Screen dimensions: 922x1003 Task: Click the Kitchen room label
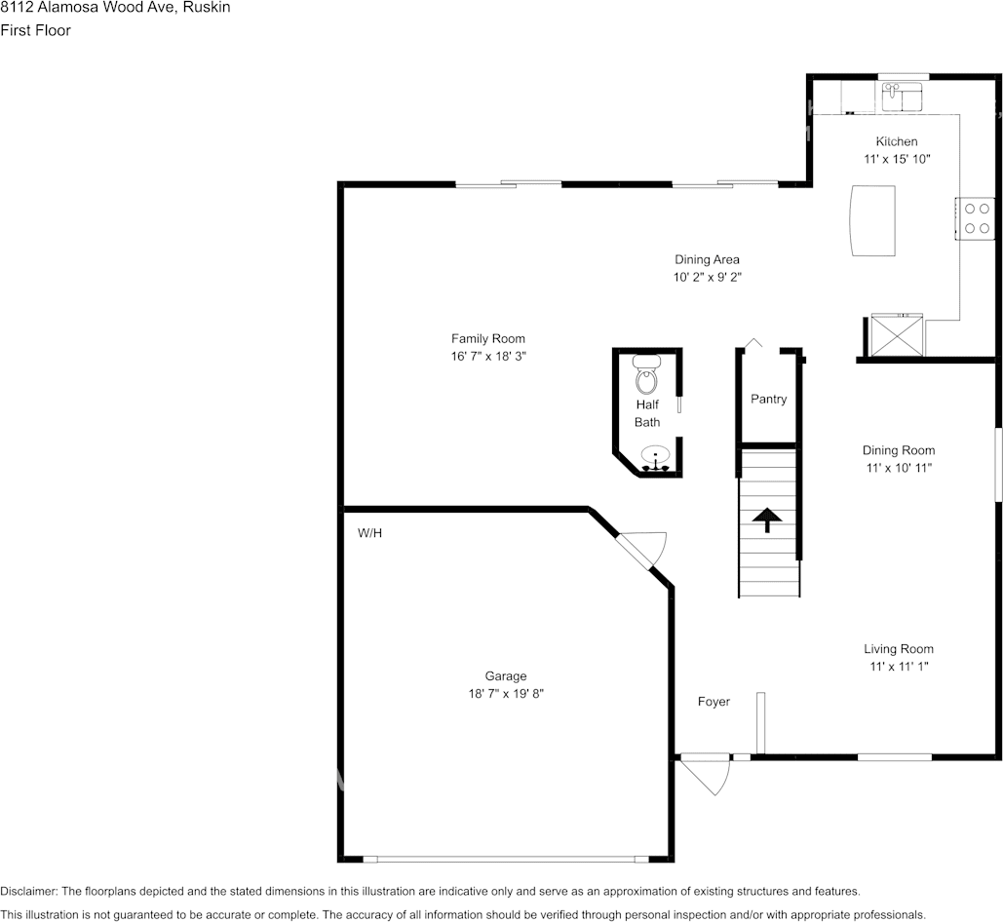[x=896, y=142]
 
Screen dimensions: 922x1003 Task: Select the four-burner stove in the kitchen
[x=977, y=218]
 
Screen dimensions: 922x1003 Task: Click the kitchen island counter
[x=872, y=220]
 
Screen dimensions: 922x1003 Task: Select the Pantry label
[x=768, y=400]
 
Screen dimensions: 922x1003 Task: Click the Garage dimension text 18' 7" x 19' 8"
[x=506, y=694]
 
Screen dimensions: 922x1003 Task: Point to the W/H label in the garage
[x=369, y=533]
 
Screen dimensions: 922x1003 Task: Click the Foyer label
[x=714, y=702]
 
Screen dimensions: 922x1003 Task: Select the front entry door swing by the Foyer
[x=706, y=775]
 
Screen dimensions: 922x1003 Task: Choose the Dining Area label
[x=707, y=260]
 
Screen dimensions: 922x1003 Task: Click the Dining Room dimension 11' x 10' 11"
[x=898, y=468]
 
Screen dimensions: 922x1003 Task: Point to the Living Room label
[x=898, y=649]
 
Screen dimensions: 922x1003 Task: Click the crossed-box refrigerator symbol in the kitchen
[x=896, y=335]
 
